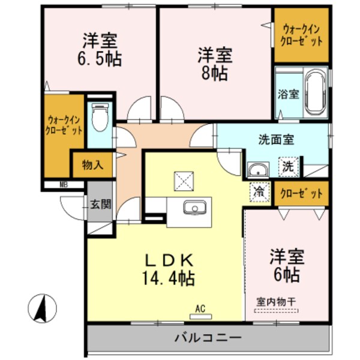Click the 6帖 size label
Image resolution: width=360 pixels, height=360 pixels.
coord(285,274)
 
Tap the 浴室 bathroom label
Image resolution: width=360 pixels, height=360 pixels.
coord(287,94)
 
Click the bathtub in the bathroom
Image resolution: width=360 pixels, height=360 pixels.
coord(314,92)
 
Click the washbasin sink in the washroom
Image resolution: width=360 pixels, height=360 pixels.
coord(257,169)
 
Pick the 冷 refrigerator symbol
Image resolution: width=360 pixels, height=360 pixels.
coord(259,193)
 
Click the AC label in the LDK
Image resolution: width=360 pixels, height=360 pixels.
coord(200,309)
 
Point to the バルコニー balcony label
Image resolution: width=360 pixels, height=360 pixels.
coord(208,338)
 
